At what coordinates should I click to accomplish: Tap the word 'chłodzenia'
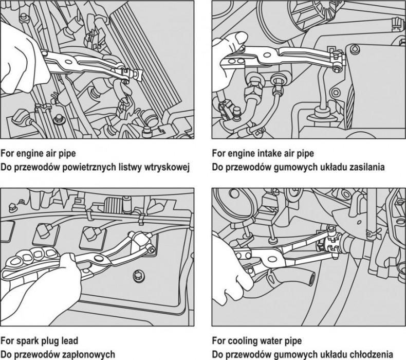[375, 354]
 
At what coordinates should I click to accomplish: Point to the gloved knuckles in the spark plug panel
[30, 255]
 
